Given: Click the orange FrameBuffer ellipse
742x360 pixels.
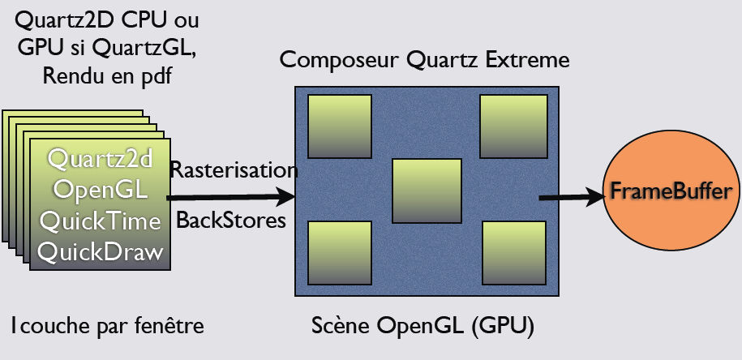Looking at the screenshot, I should pos(672,193).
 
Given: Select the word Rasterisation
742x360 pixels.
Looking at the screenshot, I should pos(234,170).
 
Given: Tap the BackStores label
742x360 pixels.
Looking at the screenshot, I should pos(231,220).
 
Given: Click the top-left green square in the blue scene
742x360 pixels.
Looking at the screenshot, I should pos(341,126).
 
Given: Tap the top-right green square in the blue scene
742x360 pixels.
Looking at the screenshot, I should pos(513,126).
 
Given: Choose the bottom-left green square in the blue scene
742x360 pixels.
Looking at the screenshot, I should pos(341,253).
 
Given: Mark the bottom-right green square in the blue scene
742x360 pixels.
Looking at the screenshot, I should pos(515,253).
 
